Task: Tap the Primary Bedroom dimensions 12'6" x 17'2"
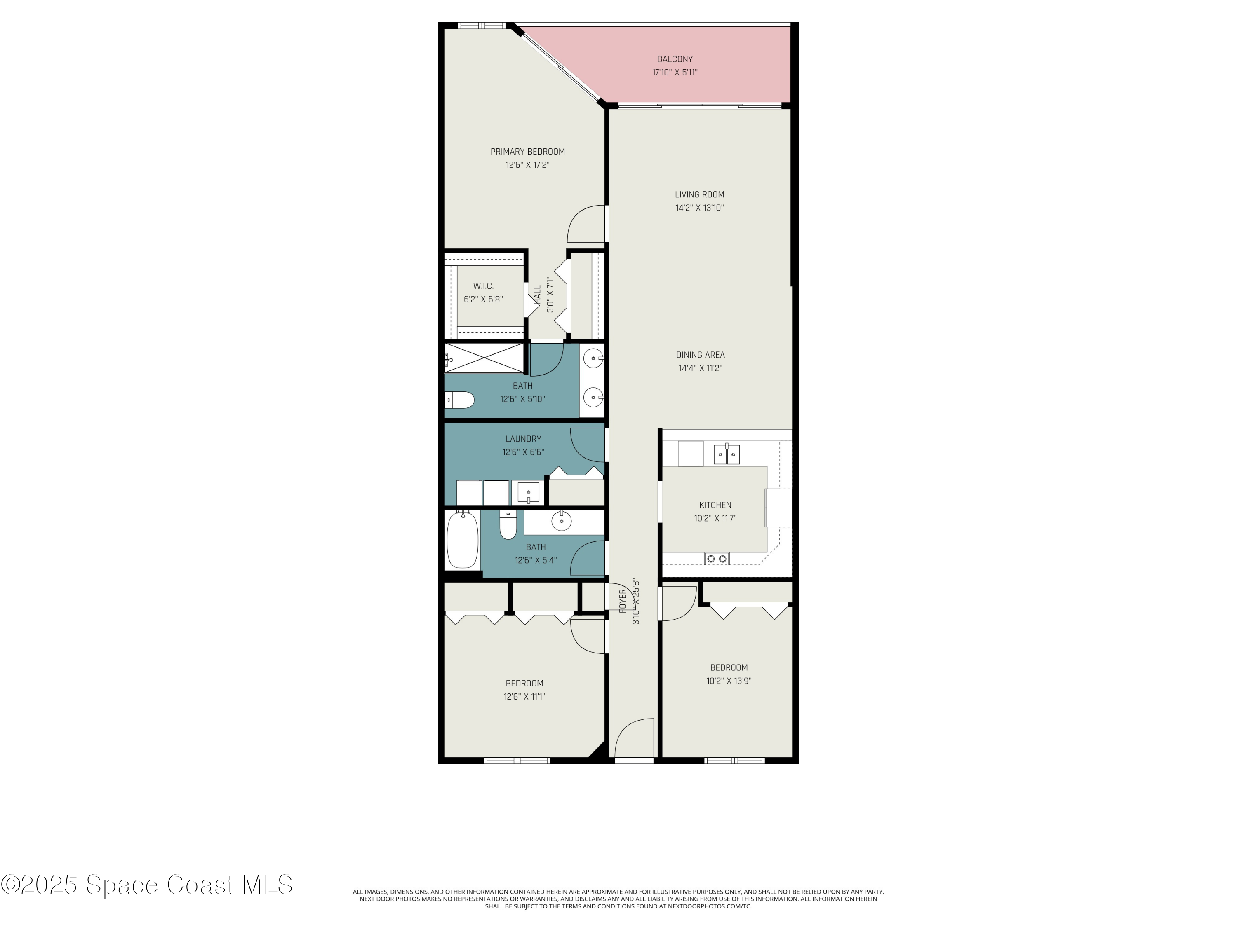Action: [x=527, y=165]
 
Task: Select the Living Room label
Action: [x=699, y=194]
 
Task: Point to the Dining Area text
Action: [x=700, y=355]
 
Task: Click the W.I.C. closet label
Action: [x=483, y=286]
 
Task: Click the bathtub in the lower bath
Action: [x=463, y=540]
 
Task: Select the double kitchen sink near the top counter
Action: [x=727, y=454]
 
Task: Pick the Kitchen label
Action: [x=715, y=505]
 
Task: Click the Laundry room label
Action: [x=523, y=439]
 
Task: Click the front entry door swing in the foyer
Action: [x=634, y=739]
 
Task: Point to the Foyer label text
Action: [x=622, y=601]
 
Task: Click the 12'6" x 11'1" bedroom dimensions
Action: [x=524, y=696]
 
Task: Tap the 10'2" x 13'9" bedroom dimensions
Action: [x=729, y=681]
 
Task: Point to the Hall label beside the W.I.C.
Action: [x=537, y=295]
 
